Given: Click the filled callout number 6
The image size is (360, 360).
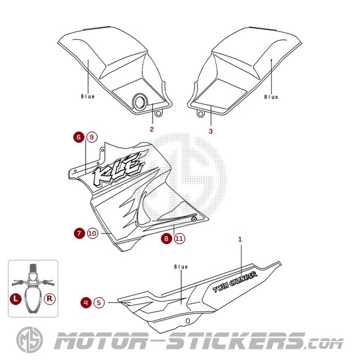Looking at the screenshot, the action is (79, 137).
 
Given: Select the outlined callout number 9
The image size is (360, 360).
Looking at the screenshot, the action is (92, 137).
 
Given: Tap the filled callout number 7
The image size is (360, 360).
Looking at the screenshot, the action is (79, 233).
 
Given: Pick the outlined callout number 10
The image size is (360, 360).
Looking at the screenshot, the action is (92, 233).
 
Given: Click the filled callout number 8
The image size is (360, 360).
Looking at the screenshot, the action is (166, 238).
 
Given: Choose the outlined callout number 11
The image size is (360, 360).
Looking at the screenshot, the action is (179, 238).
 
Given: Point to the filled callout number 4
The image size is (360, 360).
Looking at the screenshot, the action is (86, 302).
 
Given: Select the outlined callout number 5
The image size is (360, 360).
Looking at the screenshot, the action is (99, 302).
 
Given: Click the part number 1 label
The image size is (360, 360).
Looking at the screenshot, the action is (240, 239).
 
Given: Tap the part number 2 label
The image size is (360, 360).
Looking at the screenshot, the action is (152, 129).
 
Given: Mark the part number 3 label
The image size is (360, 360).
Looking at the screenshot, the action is (211, 131).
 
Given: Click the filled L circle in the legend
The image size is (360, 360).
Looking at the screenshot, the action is (16, 298).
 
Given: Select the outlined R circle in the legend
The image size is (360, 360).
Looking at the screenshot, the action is (50, 298).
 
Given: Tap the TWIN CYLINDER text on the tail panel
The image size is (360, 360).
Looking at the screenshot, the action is (235, 282).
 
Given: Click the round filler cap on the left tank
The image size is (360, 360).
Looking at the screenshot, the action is (140, 102).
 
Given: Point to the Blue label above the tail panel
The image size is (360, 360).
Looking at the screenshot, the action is (181, 267).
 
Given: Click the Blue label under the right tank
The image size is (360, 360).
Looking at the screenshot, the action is (271, 97).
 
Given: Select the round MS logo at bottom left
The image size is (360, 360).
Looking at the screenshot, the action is (29, 340).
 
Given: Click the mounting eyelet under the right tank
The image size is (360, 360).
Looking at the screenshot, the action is (200, 113).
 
